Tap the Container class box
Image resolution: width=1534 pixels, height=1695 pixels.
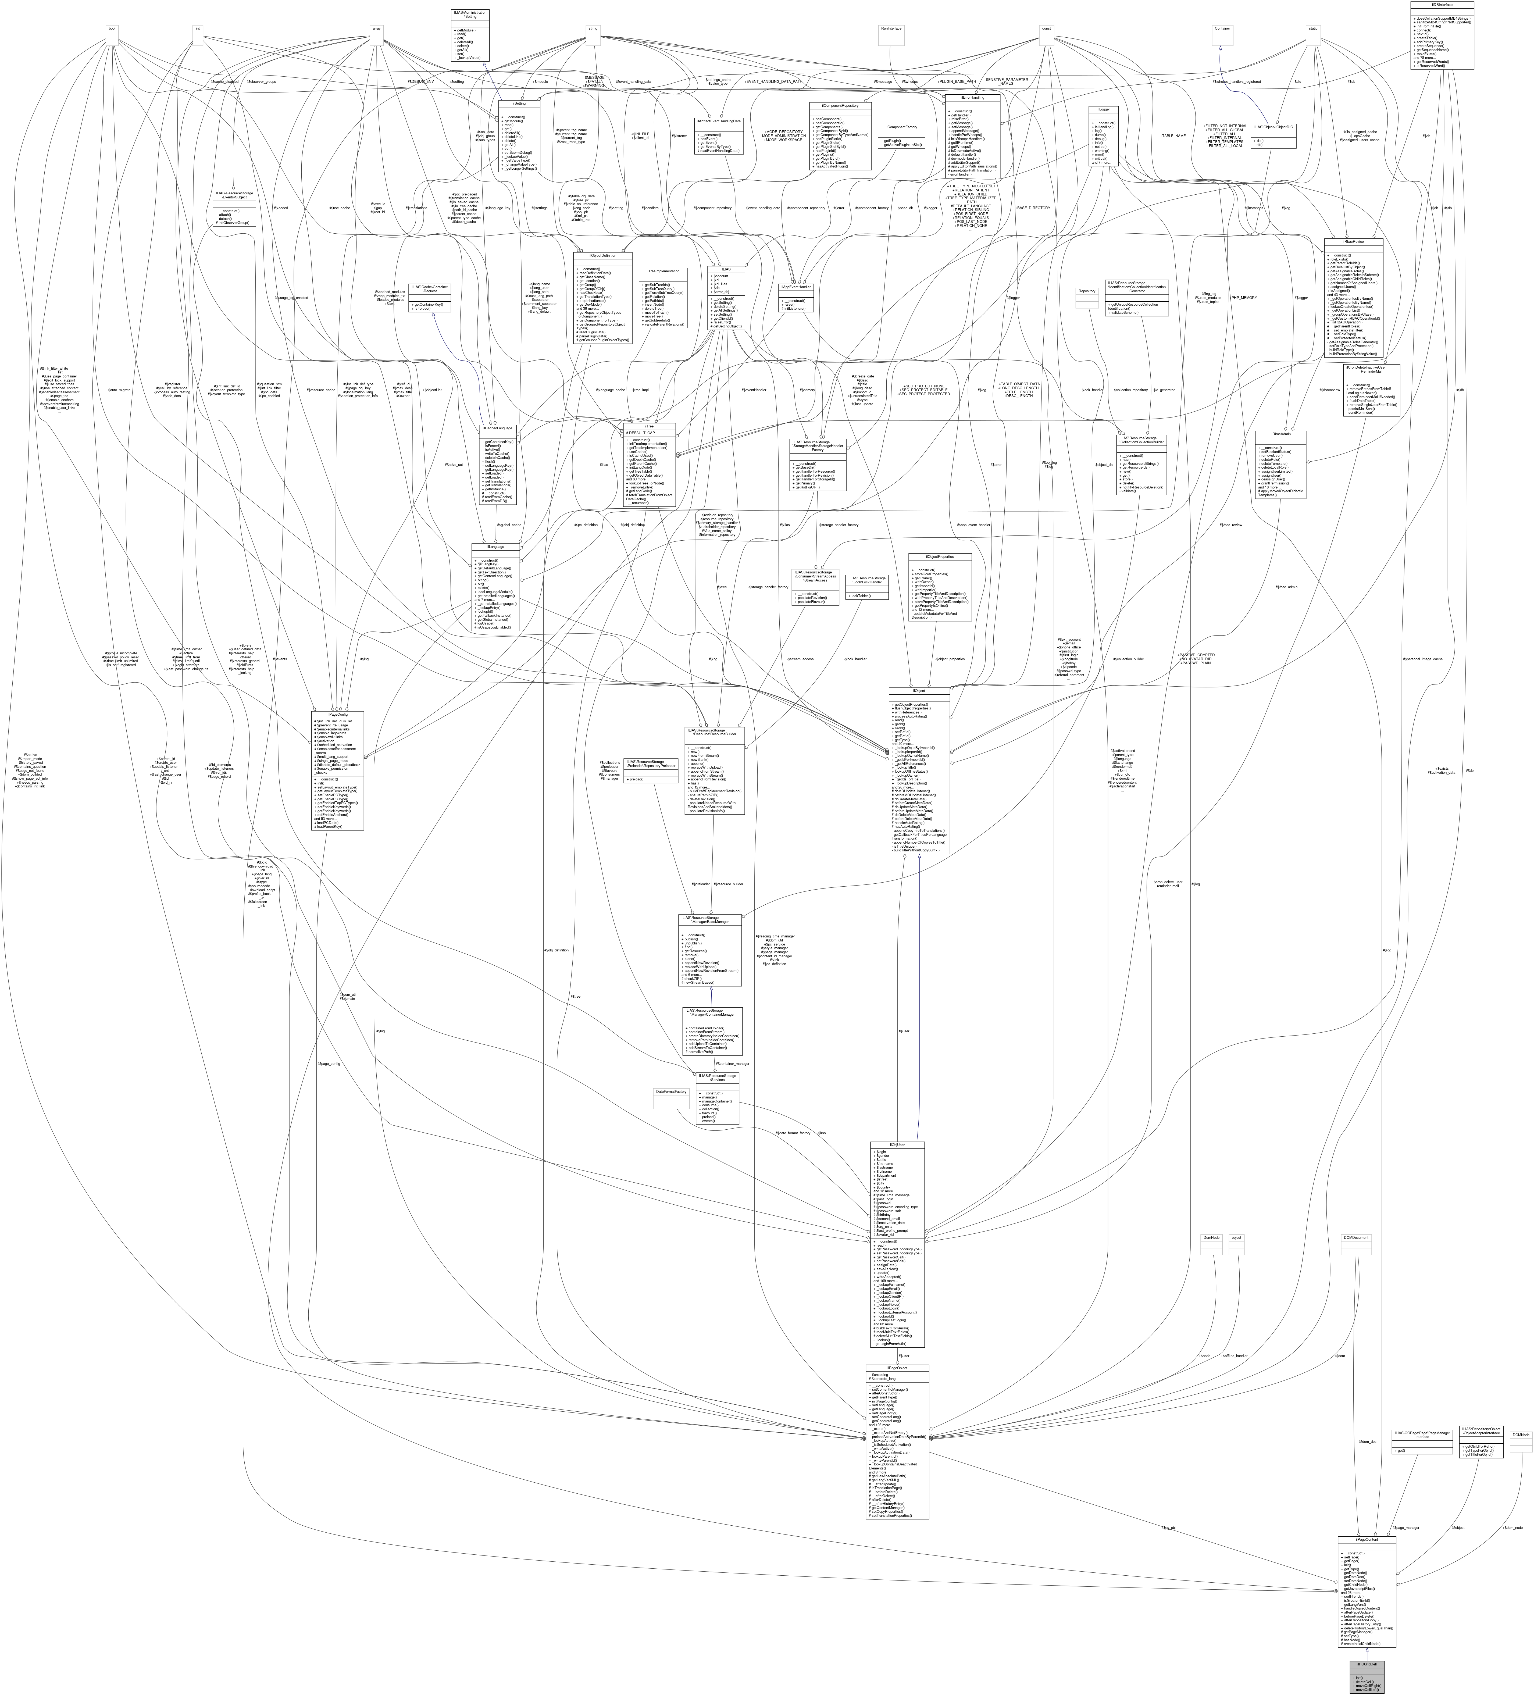click(1222, 28)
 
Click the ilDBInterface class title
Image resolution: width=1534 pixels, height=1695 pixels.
click(1442, 4)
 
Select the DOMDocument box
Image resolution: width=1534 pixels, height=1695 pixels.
click(1356, 1238)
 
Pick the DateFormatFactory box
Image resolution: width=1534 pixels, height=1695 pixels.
click(670, 1091)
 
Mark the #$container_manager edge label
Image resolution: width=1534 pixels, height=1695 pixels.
click(732, 1064)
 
